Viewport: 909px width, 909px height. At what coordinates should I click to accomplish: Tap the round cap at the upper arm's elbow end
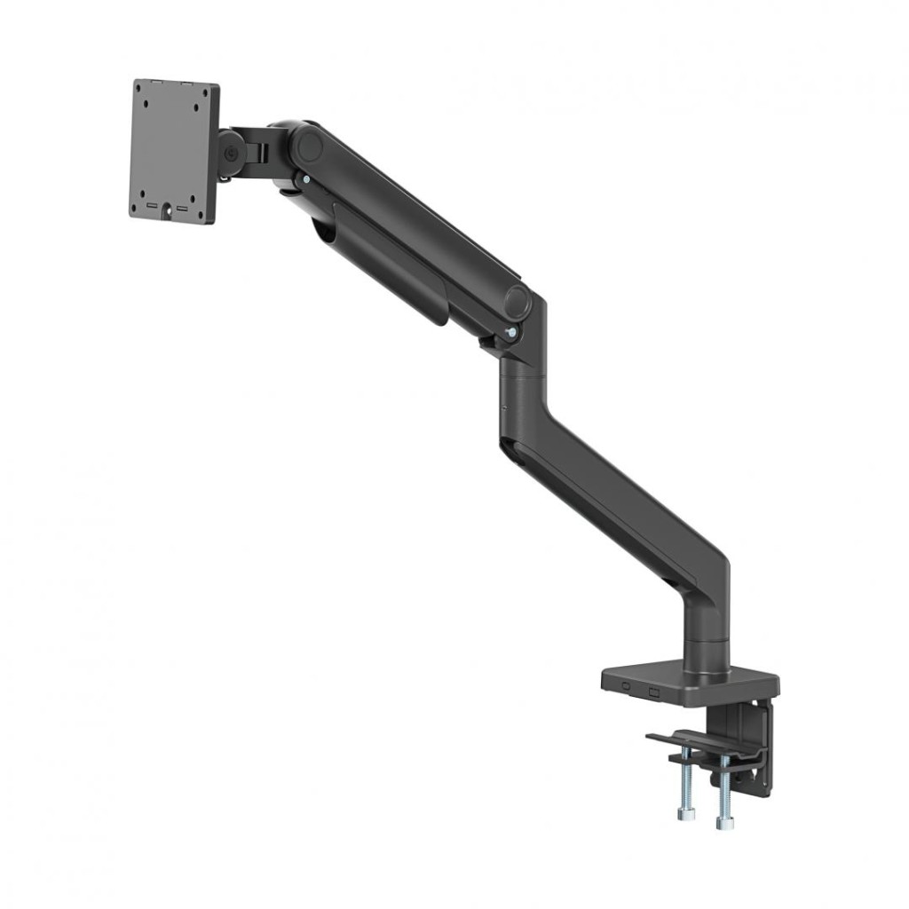(x=518, y=302)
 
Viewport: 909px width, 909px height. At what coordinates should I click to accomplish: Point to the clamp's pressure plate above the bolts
(x=701, y=746)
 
